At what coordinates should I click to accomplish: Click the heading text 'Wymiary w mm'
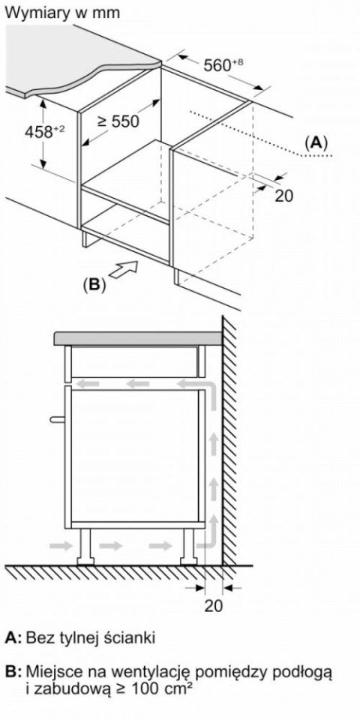62,13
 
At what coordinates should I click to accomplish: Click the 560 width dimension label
223,65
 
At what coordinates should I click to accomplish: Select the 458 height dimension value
44,132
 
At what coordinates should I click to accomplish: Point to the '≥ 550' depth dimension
118,121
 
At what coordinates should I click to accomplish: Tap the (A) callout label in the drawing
316,143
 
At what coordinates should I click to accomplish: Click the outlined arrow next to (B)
124,269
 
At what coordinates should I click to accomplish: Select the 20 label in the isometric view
283,196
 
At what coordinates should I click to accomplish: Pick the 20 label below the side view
213,606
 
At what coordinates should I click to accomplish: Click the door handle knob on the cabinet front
58,418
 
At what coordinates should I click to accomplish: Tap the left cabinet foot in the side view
85,546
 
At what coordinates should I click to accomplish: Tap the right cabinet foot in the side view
189,546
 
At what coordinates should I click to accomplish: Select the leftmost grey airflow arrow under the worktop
88,383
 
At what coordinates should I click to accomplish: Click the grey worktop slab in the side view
138,338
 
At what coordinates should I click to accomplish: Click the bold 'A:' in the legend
13,637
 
